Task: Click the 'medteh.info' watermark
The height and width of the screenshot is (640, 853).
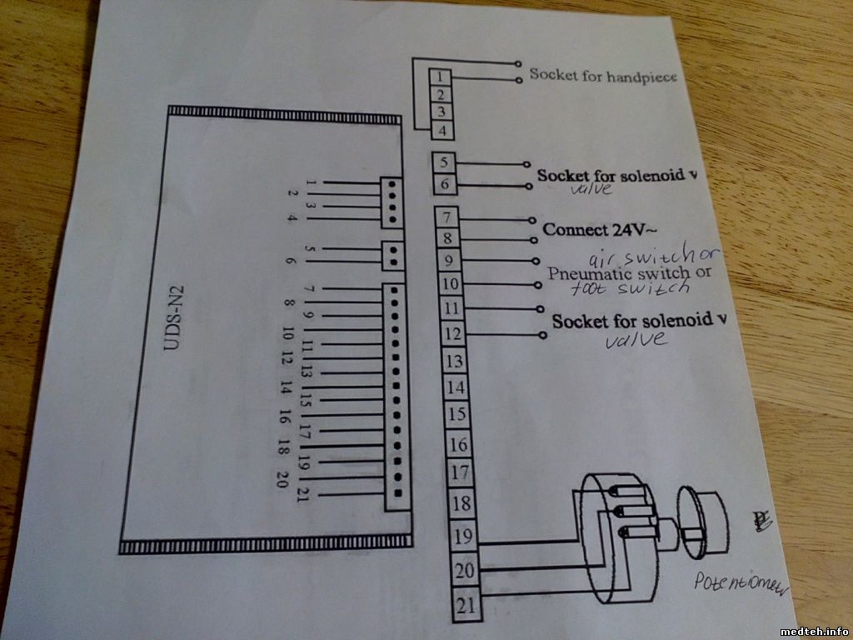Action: pyautogui.click(x=814, y=631)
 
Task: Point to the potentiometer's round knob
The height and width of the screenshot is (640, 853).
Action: pyautogui.click(x=703, y=522)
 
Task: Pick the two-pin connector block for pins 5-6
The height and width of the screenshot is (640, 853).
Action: pyautogui.click(x=392, y=256)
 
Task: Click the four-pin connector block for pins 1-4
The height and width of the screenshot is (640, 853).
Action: pyautogui.click(x=389, y=202)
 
